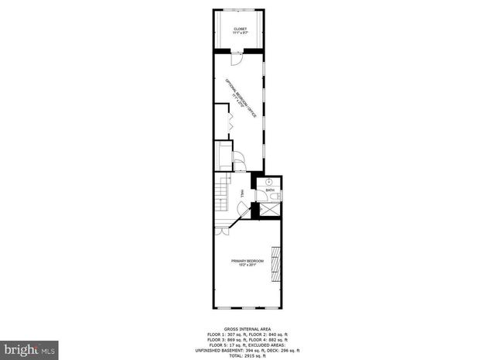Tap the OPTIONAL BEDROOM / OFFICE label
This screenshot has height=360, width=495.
(x=241, y=97)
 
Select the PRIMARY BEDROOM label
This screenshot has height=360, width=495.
(x=247, y=261)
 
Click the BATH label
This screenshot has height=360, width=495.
(x=270, y=190)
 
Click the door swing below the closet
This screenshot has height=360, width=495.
(x=238, y=57)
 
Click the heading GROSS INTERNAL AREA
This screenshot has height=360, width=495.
(x=247, y=328)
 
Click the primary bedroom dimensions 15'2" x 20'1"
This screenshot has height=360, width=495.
(x=247, y=266)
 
